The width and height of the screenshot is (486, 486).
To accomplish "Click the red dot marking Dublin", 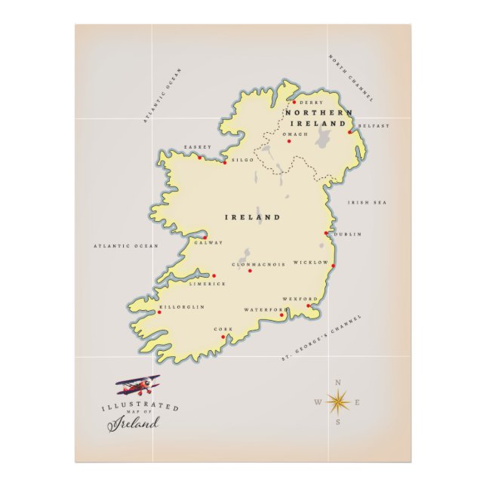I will [x=326, y=233].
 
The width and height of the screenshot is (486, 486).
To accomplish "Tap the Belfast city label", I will [x=374, y=126].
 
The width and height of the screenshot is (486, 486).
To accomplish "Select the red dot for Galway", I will [x=205, y=237].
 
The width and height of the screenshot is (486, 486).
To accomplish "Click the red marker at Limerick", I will [x=214, y=275].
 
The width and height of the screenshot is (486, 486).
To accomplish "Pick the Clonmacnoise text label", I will [x=259, y=264].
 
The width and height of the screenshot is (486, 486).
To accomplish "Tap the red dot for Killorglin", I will [x=159, y=313].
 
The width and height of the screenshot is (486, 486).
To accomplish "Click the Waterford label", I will [x=266, y=309].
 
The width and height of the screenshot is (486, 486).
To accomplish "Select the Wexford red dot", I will [x=308, y=306].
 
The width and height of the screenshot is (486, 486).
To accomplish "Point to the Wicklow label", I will [x=311, y=263].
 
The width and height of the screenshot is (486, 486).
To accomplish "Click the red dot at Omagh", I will [x=288, y=141].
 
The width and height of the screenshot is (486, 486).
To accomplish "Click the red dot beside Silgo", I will [x=224, y=161].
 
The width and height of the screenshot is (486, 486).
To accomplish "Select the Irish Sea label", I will [x=367, y=202].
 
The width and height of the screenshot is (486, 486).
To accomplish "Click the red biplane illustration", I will [x=138, y=386].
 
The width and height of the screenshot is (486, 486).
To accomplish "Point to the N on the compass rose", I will [x=337, y=381].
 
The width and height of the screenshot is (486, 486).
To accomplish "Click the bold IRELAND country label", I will [x=253, y=217].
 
